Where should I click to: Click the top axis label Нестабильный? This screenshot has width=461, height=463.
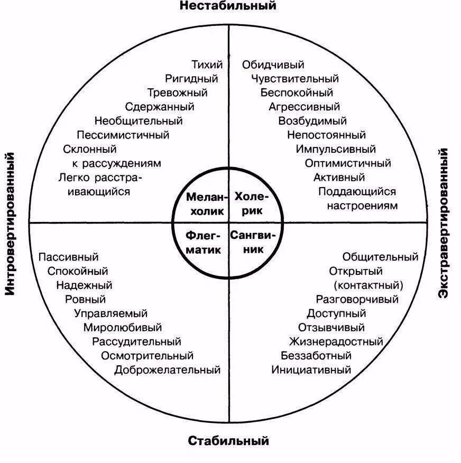point(228,6)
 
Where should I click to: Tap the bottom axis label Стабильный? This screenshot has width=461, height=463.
point(228,440)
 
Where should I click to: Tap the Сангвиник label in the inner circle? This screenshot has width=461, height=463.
point(253,242)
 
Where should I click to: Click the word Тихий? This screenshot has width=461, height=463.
point(207,65)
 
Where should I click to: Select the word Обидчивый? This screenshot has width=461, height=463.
point(273,65)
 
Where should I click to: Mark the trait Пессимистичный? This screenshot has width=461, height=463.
point(123,135)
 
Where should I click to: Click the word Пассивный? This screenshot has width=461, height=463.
point(69,257)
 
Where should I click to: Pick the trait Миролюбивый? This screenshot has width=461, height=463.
point(123,328)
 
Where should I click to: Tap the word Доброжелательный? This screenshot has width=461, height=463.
point(167,370)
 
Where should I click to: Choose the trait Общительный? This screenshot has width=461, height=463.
point(380,257)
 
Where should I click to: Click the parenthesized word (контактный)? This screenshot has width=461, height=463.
point(368,285)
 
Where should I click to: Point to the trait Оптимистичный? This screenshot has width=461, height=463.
point(348,163)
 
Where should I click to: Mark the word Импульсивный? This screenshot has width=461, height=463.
point(336,149)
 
